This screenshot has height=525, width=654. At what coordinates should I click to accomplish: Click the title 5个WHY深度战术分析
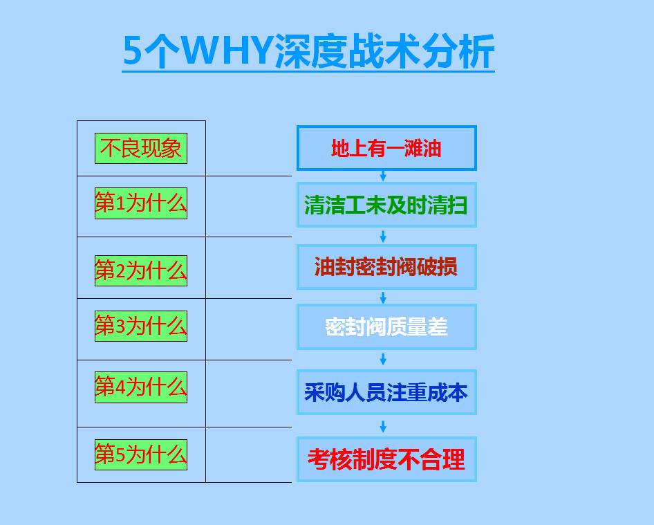point(308,51)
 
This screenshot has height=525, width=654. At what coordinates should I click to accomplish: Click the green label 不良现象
point(141,149)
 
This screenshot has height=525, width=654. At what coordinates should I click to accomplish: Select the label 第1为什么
point(141,203)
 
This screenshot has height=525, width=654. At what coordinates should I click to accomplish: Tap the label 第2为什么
point(141,270)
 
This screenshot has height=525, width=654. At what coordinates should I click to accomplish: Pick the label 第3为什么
point(141,325)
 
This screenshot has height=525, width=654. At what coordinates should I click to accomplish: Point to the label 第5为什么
point(141,454)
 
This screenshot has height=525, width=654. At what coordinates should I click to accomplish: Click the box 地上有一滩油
point(386,148)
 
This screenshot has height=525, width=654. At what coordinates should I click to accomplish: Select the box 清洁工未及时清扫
point(386,205)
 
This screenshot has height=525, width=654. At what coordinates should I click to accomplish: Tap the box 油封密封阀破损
point(386,267)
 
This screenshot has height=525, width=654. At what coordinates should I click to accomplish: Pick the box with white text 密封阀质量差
point(386,326)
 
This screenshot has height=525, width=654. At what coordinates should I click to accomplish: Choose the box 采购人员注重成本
point(386,392)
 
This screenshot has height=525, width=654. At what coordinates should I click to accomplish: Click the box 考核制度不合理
point(386,459)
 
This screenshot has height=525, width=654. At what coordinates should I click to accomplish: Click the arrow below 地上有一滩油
point(383,176)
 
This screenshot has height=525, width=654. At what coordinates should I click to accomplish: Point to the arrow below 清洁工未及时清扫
point(383,236)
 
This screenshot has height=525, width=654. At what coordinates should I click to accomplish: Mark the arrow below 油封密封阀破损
point(383,297)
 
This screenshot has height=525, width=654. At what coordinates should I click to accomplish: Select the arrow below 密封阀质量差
point(383,359)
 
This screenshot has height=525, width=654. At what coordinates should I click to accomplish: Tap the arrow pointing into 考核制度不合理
point(383,426)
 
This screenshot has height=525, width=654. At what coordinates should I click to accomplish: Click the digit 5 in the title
point(133,51)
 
